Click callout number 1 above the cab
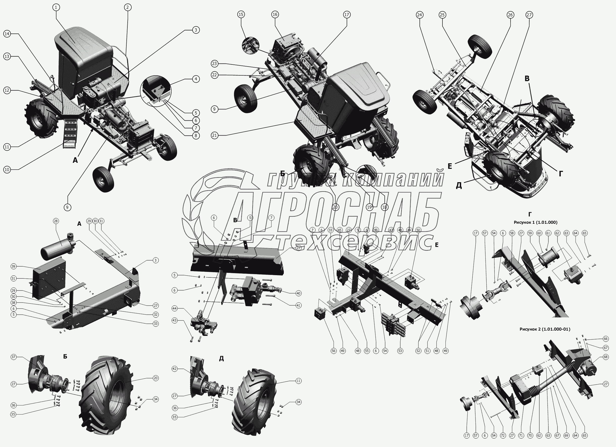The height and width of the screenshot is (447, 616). [56, 7]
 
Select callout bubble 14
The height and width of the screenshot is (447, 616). [7, 34]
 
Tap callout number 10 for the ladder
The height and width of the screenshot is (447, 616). [7, 170]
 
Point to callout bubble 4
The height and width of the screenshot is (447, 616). [196, 79]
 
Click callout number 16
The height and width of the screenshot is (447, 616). [275, 14]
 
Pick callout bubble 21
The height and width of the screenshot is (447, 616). [215, 135]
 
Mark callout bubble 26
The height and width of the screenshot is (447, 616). [510, 15]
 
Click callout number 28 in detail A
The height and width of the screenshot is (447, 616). [56, 221]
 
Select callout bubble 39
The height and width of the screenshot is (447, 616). [14, 266]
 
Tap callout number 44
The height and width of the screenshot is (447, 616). [174, 308]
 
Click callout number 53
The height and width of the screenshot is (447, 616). [400, 351]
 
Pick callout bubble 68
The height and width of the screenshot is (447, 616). [606, 357]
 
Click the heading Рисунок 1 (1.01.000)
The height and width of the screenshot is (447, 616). [535, 222]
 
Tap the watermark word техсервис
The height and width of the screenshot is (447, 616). [353, 242]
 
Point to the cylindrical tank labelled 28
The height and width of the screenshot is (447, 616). [57, 245]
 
